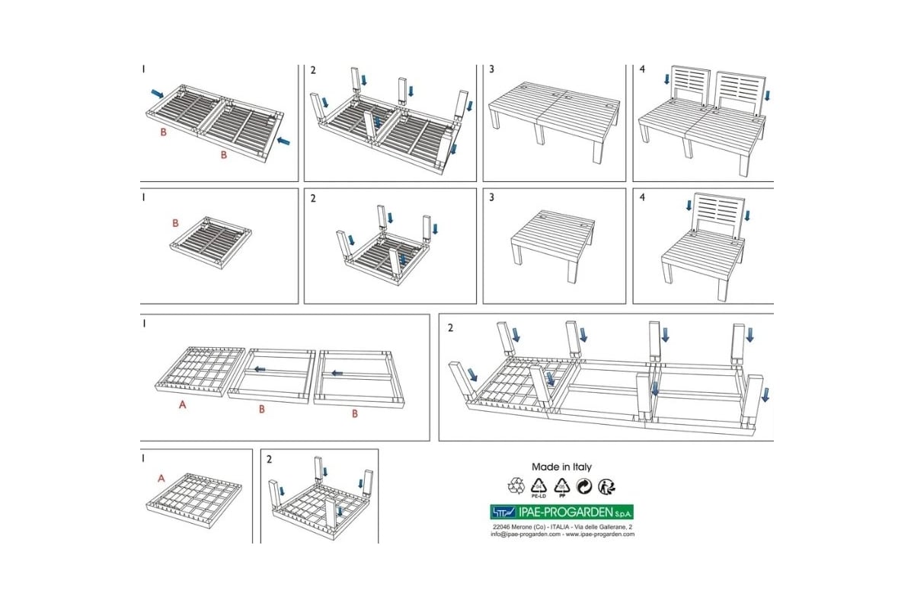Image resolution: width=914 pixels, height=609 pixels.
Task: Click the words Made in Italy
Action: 561,467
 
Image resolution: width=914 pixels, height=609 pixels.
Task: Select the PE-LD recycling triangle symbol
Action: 540,485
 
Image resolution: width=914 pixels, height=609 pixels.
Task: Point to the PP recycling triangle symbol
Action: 562,485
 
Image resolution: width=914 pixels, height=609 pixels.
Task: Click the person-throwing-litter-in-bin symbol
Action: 606,485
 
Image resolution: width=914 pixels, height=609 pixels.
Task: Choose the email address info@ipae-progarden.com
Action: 526,534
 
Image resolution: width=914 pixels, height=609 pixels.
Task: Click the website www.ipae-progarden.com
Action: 602,534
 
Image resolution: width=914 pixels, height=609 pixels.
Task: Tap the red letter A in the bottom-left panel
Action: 161,478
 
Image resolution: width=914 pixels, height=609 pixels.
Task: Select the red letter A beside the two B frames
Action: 182,405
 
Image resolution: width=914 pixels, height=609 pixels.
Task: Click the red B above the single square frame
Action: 175,224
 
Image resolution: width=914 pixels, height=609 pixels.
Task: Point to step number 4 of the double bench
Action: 642,69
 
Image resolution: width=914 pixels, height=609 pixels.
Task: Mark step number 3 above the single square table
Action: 492,198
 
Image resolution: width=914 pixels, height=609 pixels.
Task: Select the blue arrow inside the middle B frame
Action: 260,369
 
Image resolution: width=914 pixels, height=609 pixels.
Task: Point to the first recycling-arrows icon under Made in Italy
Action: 516,485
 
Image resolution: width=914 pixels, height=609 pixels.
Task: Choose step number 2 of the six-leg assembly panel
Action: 451,328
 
